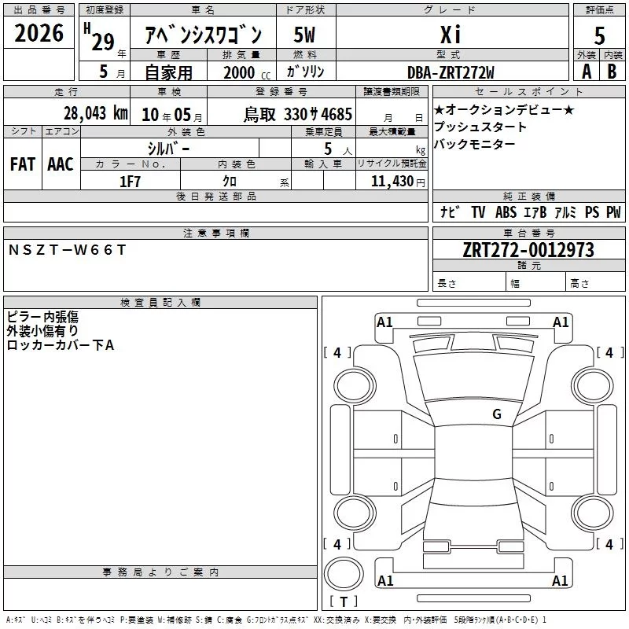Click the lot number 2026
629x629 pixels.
point(39,33)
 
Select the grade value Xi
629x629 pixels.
point(451,34)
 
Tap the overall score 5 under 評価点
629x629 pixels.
point(599,35)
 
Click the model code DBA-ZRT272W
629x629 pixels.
point(451,72)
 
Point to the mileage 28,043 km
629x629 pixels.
point(96,113)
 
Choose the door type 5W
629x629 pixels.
point(304,35)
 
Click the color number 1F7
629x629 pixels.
point(130,182)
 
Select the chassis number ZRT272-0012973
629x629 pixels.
point(528,250)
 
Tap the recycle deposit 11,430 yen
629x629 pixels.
point(398,182)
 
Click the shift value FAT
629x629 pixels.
point(23,164)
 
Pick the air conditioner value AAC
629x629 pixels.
point(61,164)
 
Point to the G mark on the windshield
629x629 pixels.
point(497,414)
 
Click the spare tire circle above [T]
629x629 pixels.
point(344,573)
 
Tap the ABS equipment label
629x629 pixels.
point(506,212)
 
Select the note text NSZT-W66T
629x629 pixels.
point(67,250)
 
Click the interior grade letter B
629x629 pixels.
point(612,72)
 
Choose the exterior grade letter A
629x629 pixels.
point(587,72)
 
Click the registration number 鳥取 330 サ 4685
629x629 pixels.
point(298,114)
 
